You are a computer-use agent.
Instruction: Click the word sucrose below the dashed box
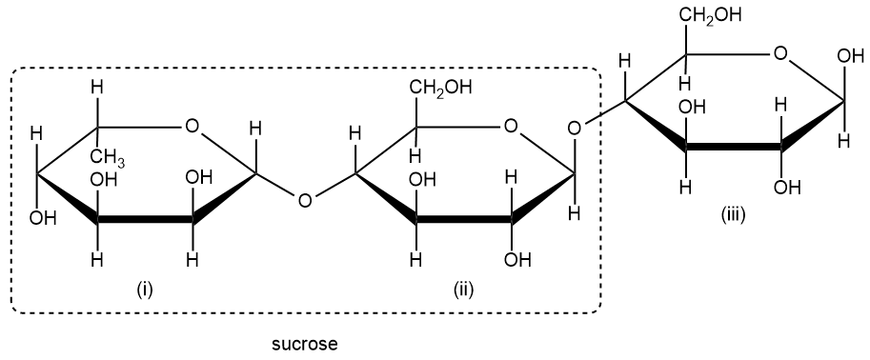click(x=305, y=343)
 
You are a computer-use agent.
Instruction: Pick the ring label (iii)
click(x=733, y=217)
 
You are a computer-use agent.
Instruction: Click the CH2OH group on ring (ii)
click(x=440, y=89)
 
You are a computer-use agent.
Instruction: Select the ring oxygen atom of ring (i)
click(x=192, y=125)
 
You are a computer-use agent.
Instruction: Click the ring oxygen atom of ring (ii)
click(x=511, y=125)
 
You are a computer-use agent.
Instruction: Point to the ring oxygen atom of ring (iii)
click(x=780, y=53)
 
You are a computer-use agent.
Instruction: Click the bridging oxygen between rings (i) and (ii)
click(x=304, y=200)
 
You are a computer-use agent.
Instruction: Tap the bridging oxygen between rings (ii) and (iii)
click(x=573, y=126)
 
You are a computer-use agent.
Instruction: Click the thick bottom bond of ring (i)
click(x=145, y=222)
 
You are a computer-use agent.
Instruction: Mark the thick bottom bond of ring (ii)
click(x=464, y=222)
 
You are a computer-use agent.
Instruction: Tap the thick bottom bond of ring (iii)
click(x=734, y=149)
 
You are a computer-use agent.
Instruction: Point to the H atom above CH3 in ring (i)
click(x=95, y=88)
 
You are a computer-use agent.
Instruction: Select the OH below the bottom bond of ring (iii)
click(x=788, y=186)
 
